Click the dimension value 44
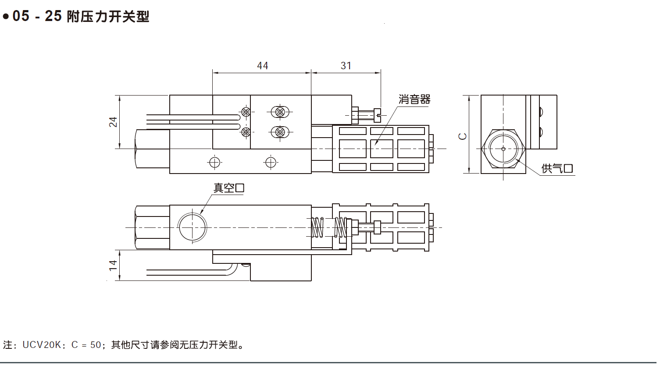tap(262, 66)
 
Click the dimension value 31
tap(346, 66)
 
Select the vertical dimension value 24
tap(114, 122)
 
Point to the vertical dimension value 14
tap(114, 265)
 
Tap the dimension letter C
tap(463, 136)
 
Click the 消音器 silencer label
tap(414, 99)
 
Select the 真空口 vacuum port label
tap(228, 188)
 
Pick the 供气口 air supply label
tap(557, 168)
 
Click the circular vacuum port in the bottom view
tap(193, 227)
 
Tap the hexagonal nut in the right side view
tap(503, 149)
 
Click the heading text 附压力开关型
tap(108, 17)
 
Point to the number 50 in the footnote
tap(95, 345)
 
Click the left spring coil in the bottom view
tap(317, 227)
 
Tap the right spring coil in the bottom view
tap(340, 227)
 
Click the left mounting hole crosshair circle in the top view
tap(214, 163)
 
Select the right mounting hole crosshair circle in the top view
tap(271, 163)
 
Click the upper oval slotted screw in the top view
tap(280, 112)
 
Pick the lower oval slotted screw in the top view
tap(280, 131)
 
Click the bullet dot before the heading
tap(6, 17)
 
